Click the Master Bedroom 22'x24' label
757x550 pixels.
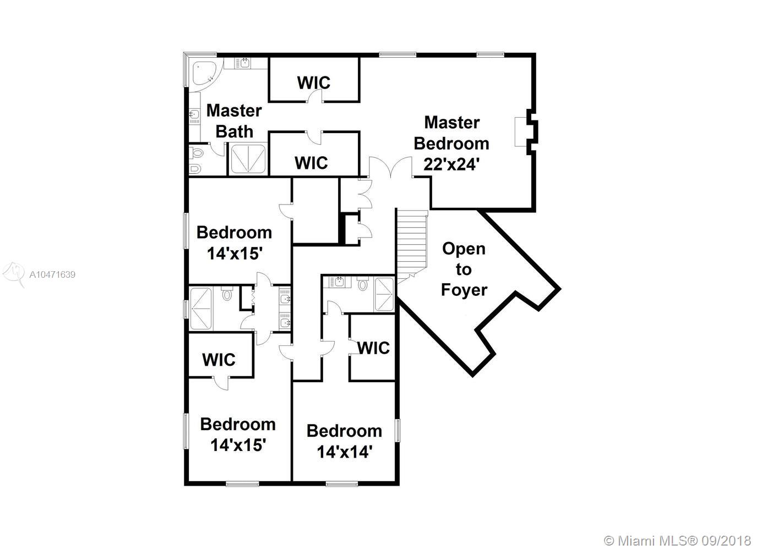click(451, 144)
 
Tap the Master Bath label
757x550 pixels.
click(234, 121)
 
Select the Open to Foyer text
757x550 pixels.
click(464, 269)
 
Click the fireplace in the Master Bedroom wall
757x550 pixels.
click(526, 132)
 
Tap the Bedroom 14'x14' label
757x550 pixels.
click(345, 441)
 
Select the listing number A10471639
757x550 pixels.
click(52, 274)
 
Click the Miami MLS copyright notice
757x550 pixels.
click(677, 541)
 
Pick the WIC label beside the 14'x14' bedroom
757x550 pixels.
click(373, 348)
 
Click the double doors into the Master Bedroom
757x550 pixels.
click(391, 167)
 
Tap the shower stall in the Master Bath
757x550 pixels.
click(248, 159)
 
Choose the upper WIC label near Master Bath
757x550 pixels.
click(314, 82)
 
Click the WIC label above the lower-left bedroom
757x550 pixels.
click(219, 360)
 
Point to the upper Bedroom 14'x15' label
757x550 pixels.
click(234, 243)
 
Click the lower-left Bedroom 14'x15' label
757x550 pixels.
click(238, 435)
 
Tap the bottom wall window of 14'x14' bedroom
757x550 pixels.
click(342, 484)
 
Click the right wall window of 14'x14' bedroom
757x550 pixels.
click(397, 431)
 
